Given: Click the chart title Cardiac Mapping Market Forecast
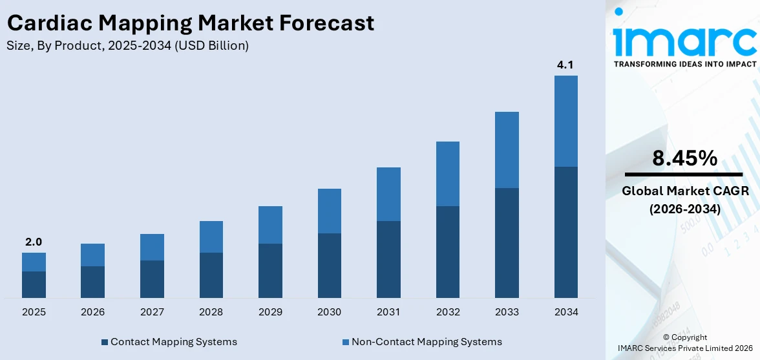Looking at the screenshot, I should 191,23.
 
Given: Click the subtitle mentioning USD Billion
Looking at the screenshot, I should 128,46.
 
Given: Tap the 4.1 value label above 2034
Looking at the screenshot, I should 565,65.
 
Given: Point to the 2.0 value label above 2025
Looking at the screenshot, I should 34,242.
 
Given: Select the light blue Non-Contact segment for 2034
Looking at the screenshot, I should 565,121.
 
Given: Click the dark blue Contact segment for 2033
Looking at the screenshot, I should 507,242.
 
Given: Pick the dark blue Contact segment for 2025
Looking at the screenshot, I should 34,284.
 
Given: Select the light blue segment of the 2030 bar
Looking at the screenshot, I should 329,211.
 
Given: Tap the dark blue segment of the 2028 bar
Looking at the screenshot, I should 211,275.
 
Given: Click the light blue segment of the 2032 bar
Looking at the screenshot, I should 447,174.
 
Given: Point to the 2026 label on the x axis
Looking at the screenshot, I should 92,312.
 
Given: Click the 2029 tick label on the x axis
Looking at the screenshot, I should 270,312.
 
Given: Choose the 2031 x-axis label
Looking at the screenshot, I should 388,312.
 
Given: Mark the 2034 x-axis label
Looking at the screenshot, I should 565,312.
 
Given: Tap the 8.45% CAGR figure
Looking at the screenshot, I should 684,158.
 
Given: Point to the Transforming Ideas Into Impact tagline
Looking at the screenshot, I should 684,64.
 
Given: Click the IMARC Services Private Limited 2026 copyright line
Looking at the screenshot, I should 684,348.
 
